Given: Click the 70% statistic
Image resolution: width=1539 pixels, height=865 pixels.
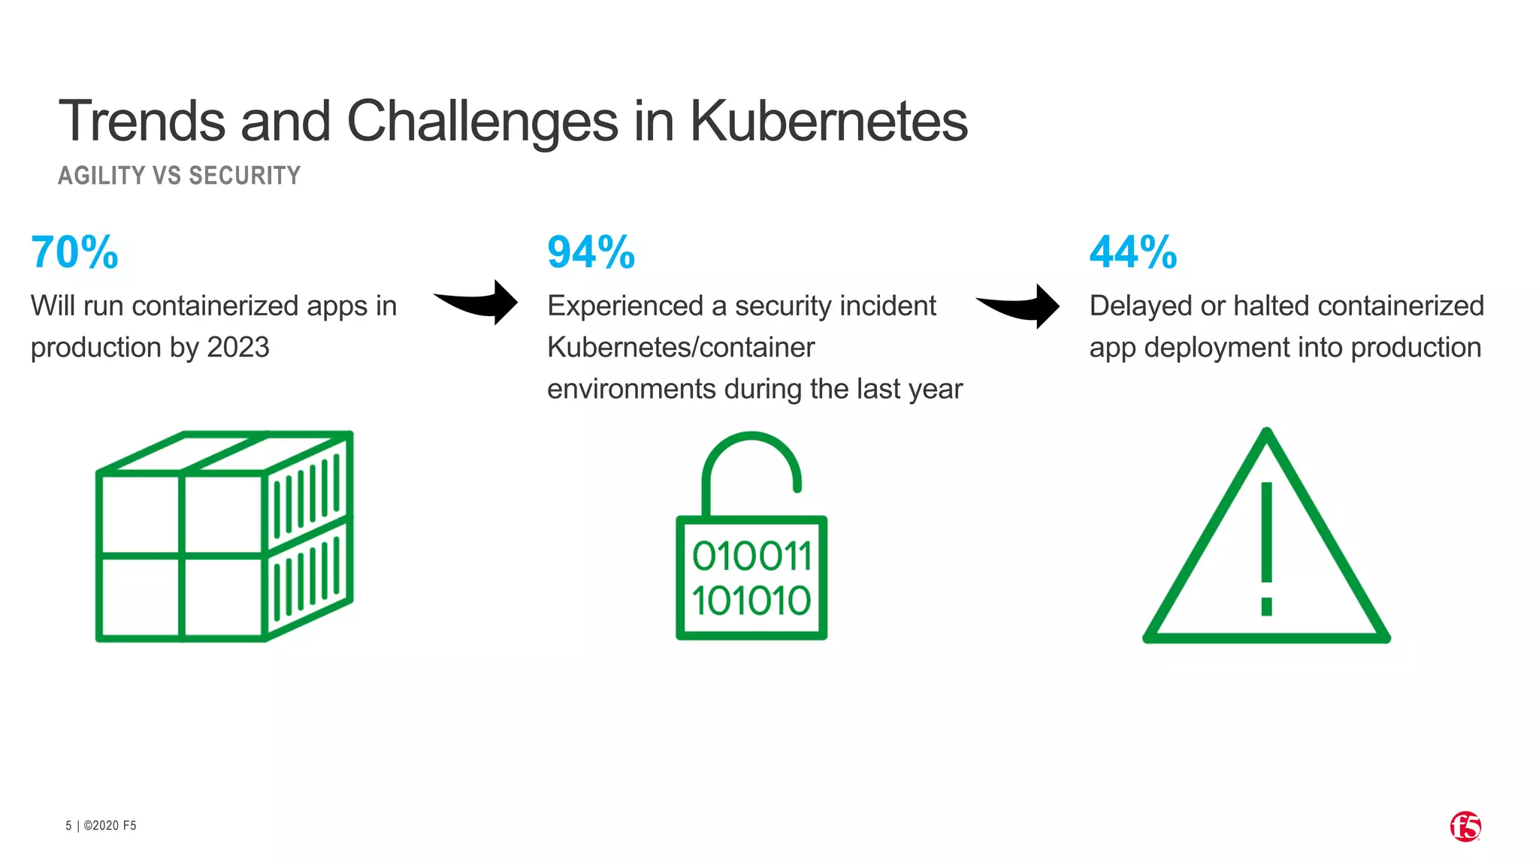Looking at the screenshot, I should (74, 252).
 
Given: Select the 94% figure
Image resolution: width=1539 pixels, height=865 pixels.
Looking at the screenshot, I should (591, 252).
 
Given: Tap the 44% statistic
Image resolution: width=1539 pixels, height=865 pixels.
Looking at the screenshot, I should (1132, 252).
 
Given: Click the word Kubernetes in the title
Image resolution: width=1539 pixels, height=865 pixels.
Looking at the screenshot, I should (828, 121).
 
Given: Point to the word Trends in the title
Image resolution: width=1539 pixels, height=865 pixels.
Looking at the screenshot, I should (142, 121).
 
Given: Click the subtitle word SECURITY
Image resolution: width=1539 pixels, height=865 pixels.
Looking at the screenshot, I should (244, 176).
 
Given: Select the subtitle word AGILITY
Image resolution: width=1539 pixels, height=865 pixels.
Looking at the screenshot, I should (101, 176).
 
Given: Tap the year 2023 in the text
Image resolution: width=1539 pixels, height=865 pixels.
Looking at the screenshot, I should (237, 348).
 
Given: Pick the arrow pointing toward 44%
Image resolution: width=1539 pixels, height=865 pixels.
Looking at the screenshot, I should (1020, 306).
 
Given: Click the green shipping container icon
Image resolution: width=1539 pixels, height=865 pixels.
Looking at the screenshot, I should (224, 536).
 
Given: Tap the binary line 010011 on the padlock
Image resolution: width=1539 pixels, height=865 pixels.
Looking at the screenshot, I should (751, 557).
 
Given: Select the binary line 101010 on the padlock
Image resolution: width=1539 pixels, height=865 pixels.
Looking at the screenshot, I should (751, 601).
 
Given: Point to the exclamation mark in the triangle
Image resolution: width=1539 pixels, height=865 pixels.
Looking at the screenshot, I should (1267, 548).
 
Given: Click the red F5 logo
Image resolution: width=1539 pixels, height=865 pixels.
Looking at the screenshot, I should (1465, 827).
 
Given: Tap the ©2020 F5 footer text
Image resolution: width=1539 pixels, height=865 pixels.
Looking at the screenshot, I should (110, 826).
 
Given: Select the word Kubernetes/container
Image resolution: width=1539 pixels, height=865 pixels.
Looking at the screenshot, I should (681, 348).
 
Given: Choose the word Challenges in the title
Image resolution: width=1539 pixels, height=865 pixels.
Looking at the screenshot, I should (482, 121).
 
